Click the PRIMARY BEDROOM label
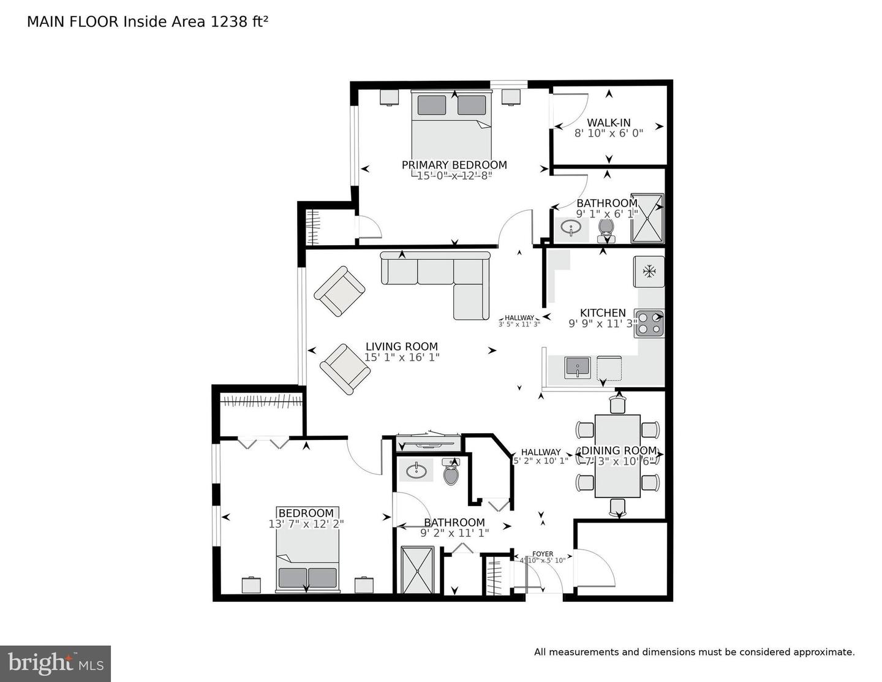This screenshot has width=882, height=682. click(454, 165)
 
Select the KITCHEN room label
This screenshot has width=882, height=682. click(603, 313)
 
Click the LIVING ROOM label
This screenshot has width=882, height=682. click(402, 346)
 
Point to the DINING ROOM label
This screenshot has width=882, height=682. click(618, 450)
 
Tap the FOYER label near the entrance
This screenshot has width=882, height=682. click(543, 554)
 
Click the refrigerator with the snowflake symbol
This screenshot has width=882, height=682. click(649, 271)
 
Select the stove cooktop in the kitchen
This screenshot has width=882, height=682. click(649, 324)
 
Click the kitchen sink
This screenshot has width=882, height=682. click(577, 368)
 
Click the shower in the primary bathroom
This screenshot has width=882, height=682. click(648, 218)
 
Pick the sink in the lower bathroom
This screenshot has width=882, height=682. click(417, 471)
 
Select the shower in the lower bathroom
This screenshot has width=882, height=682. click(417, 570)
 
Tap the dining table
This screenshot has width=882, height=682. click(617, 455)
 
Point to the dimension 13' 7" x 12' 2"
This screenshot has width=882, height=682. click(306, 524)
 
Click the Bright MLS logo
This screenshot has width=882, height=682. click(56, 664)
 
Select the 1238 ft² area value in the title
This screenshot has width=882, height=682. click(239, 22)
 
